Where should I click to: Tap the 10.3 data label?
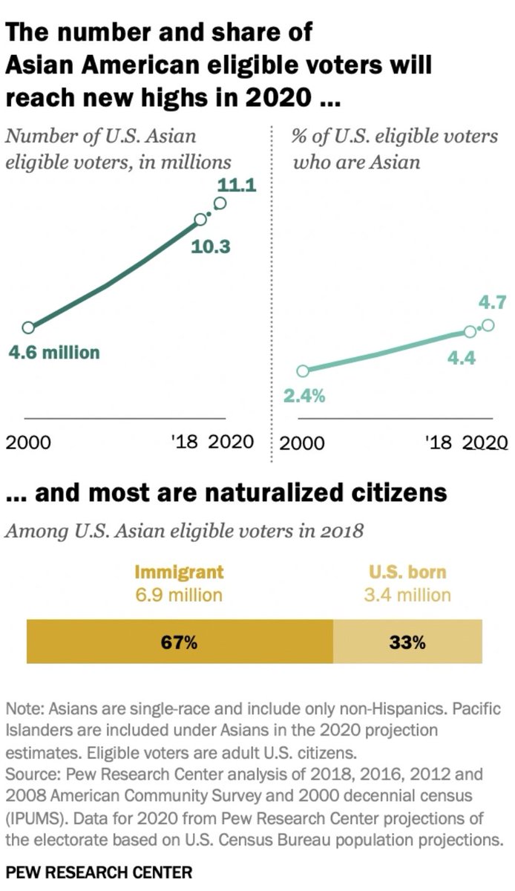tap(211, 246)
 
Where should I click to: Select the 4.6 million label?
tap(53, 352)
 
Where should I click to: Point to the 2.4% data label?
tap(304, 396)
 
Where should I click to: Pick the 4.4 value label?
tap(461, 359)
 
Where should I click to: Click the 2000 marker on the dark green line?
tap(28, 327)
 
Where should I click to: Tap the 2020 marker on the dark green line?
tap(220, 203)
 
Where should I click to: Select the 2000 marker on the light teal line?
tap(302, 371)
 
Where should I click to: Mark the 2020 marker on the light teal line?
tap(488, 325)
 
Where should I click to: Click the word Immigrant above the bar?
tap(179, 572)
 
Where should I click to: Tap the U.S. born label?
tap(407, 572)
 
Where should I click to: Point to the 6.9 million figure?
tap(179, 595)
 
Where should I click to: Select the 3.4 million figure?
tap(407, 595)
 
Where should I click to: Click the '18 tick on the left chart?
tap(184, 443)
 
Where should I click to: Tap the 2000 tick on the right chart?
tap(304, 443)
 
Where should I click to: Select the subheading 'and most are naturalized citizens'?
tap(226, 493)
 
